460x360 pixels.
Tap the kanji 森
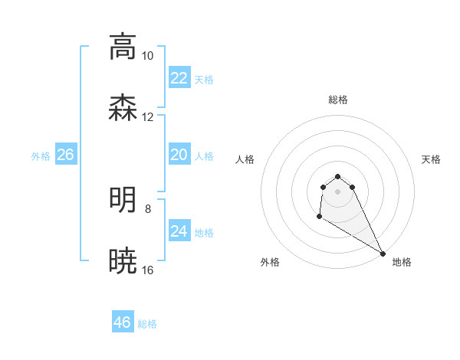point(123,107)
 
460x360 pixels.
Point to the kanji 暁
point(123,260)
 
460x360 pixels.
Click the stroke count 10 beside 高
point(147,56)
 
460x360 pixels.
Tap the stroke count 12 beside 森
point(147,117)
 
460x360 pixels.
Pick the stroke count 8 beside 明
point(147,208)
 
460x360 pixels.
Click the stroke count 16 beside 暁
point(147,270)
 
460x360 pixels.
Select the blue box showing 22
point(179,78)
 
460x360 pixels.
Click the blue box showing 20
point(179,155)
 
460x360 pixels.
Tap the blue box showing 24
point(179,231)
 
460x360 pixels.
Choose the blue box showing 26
point(65,155)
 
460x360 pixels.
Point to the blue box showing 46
point(122,322)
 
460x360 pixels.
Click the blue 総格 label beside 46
point(147,324)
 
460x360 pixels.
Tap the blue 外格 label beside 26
point(41,156)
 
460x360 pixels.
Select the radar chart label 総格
point(338,100)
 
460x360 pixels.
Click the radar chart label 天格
point(431,159)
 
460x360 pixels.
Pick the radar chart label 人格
point(245,159)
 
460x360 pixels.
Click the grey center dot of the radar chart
point(338,191)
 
